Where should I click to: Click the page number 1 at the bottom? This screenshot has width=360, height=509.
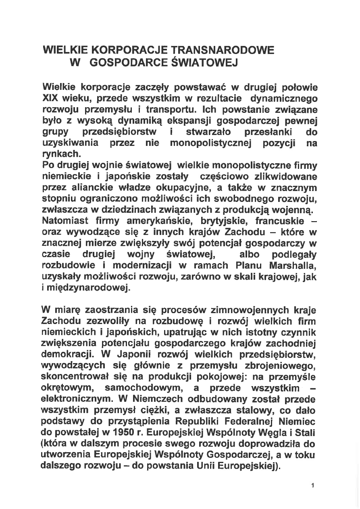(x=312, y=485)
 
